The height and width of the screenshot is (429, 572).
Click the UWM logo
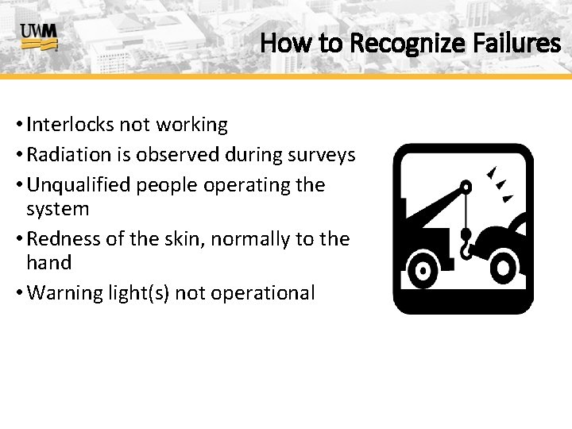pos(39,37)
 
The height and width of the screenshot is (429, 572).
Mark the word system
pos(58,209)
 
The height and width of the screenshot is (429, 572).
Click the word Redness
pos(61,239)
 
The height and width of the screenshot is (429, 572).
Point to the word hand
pos(48,263)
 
